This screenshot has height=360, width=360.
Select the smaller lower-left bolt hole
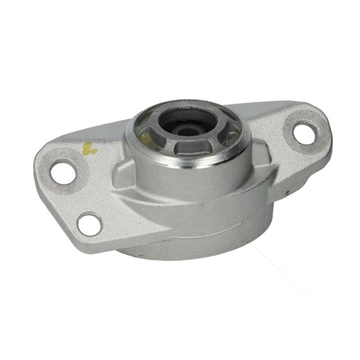click(x=89, y=224)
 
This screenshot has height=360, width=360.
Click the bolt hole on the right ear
click(x=305, y=133)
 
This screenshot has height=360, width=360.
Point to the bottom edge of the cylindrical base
click(x=193, y=259)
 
